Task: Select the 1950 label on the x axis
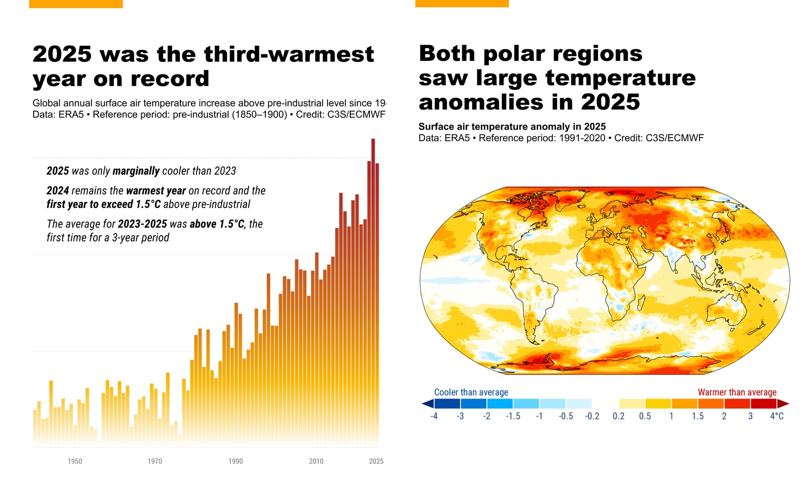tap(75, 461)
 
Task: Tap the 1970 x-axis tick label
tap(155, 461)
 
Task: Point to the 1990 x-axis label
tap(235, 461)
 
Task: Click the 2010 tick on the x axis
tap(316, 461)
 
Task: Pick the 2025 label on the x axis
tap(376, 461)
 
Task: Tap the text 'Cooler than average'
tap(471, 392)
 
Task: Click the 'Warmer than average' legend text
tap(737, 392)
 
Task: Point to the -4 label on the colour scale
tap(434, 416)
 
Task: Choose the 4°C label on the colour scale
tap(776, 416)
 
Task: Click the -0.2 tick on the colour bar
tap(592, 416)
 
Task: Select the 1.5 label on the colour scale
tap(697, 416)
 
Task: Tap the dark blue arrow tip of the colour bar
tap(427, 404)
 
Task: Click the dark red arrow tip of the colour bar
tap(783, 404)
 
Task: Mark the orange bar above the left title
tap(76, 4)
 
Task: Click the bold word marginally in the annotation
tap(136, 171)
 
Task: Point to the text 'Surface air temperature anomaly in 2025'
tap(512, 127)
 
